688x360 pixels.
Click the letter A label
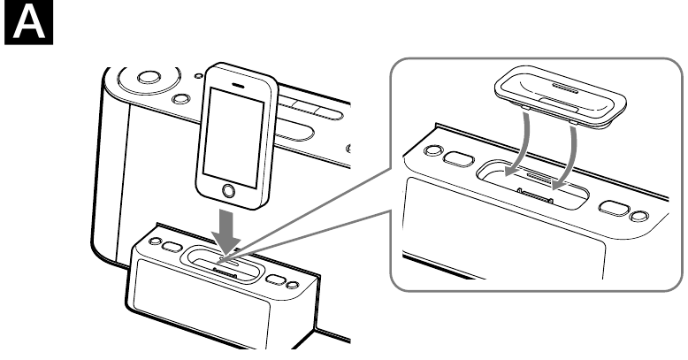point(28,22)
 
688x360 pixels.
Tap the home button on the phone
point(229,191)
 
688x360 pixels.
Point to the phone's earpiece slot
point(239,85)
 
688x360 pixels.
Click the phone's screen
point(233,137)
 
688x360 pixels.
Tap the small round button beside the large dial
point(180,99)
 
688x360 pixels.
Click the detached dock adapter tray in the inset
point(561,98)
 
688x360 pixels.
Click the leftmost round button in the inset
point(432,150)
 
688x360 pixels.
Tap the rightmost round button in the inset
point(638,216)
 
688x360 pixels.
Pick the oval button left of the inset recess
point(458,158)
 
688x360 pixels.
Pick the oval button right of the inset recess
point(614,208)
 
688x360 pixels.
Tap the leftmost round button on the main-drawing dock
point(155,241)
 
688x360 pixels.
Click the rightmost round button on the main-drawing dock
point(292,285)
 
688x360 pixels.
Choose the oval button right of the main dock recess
point(276,280)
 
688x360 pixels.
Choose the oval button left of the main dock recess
point(172,247)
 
